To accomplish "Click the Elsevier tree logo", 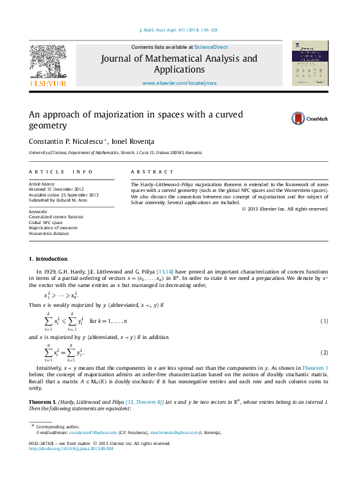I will click(x=47, y=64).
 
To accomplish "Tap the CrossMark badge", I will click(x=309, y=118).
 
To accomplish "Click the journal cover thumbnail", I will click(x=310, y=64).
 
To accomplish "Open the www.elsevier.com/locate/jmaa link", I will click(x=179, y=83).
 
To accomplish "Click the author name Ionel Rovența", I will click(x=133, y=141).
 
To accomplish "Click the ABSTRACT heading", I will click(x=152, y=172).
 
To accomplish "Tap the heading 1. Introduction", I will click(x=48, y=259).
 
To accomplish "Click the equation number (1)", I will click(x=325, y=320).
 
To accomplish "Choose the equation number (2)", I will click(x=325, y=353).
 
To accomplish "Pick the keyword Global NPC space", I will click(x=49, y=222).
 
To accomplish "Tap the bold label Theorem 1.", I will click(x=43, y=401).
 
